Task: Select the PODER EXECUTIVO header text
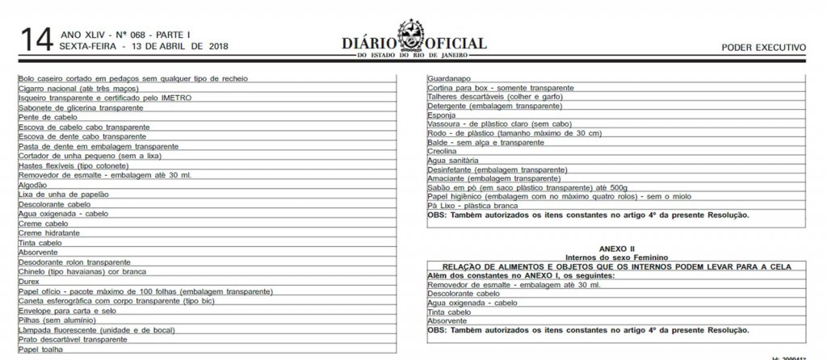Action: [x=763, y=48]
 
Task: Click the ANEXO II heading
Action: [x=617, y=249]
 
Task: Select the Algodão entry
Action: [x=32, y=185]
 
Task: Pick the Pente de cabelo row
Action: [x=47, y=117]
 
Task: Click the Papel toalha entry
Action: [x=40, y=350]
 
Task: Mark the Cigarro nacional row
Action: [x=75, y=88]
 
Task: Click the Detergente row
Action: [x=493, y=106]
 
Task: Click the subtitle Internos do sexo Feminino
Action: [x=617, y=257]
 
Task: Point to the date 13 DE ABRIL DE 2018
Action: [x=174, y=47]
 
